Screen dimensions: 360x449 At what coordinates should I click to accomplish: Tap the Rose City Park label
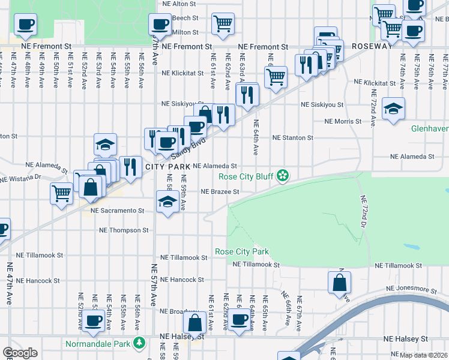(x=242, y=251)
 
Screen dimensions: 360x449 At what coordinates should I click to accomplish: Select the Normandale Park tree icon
(x=139, y=344)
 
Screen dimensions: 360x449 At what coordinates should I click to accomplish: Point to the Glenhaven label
(x=429, y=128)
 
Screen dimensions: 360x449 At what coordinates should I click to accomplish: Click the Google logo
(x=20, y=353)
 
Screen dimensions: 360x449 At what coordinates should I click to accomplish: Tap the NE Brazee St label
(x=220, y=192)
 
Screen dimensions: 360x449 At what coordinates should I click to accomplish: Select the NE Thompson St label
(x=123, y=230)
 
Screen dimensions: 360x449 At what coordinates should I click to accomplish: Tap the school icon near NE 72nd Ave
(x=394, y=109)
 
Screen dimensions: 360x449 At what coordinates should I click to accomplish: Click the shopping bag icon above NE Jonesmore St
(x=339, y=281)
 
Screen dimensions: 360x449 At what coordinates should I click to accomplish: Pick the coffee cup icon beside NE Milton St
(x=160, y=25)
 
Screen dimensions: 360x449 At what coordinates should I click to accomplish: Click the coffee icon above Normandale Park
(x=92, y=321)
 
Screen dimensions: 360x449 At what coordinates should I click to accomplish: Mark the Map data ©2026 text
(x=423, y=355)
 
